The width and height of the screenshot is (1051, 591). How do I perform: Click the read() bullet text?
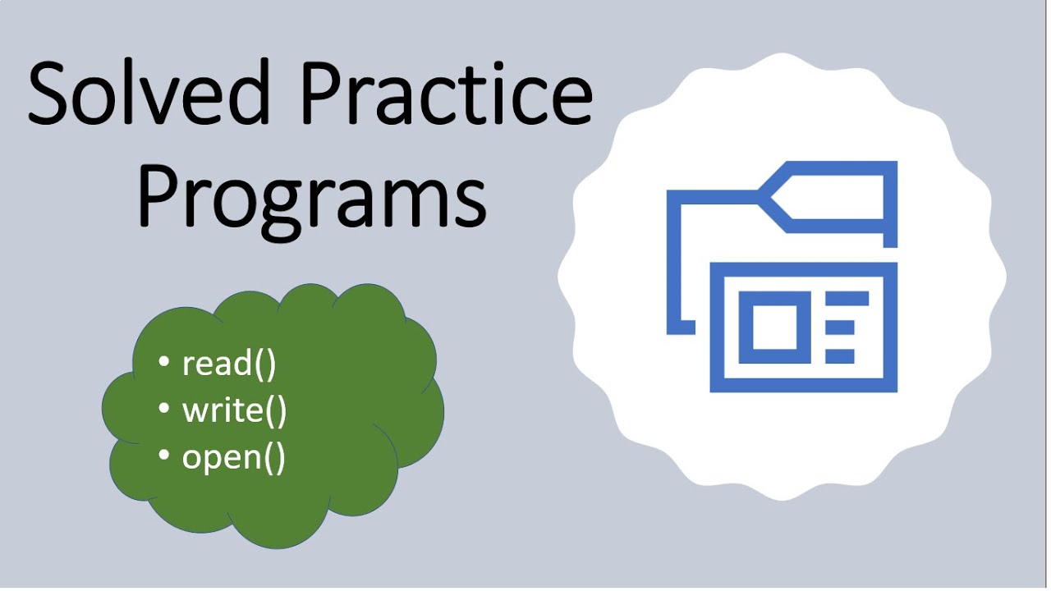tap(229, 363)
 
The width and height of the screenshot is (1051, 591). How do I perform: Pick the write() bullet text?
tap(235, 410)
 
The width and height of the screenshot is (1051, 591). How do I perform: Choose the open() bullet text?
tap(234, 457)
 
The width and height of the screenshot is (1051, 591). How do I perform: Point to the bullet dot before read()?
tap(164, 362)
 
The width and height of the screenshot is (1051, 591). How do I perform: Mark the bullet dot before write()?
tap(164, 409)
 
